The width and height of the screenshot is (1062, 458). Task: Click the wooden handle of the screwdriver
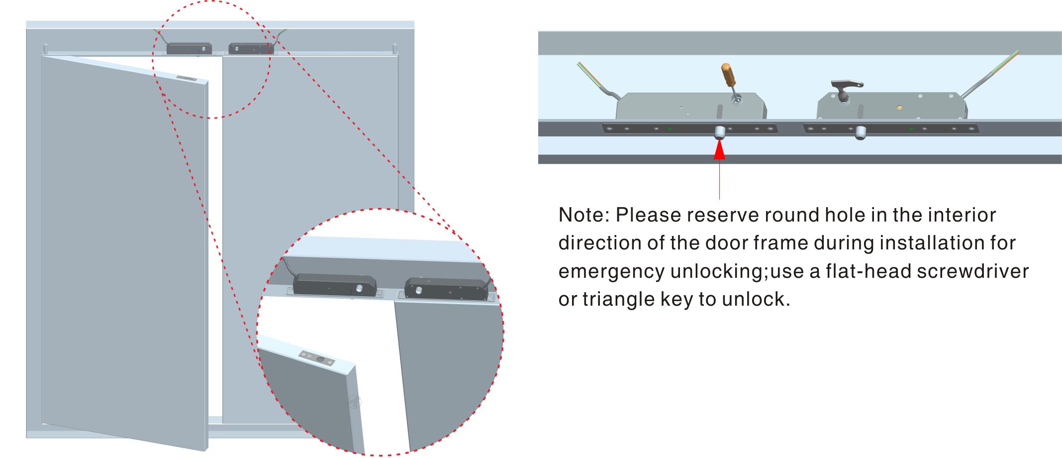[x=728, y=75]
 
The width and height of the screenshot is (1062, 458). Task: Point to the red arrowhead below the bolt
[x=719, y=150]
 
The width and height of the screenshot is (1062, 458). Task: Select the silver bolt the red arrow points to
[x=719, y=132]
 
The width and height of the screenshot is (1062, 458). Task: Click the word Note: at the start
[x=584, y=215]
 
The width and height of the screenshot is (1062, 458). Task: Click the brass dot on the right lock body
[x=899, y=107]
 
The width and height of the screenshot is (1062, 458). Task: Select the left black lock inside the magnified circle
[x=334, y=286]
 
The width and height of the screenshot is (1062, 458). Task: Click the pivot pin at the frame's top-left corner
[x=46, y=49]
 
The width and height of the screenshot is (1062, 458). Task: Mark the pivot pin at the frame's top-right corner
[x=395, y=49]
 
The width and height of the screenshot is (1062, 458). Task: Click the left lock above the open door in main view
[x=189, y=48]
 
